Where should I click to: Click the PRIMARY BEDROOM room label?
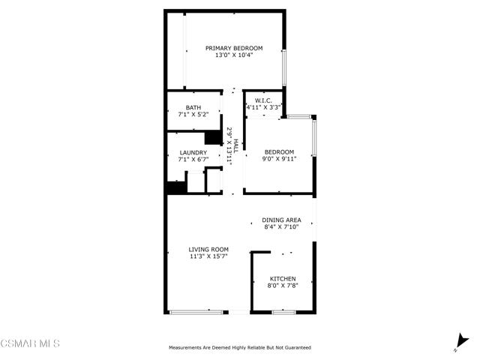pos(234,48)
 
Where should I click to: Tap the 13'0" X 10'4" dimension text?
pos(234,55)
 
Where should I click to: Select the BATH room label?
pos(193,107)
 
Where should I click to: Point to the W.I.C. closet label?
pos(263,100)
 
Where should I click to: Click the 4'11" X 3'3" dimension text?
pos(264,107)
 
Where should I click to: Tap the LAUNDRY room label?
pos(193,152)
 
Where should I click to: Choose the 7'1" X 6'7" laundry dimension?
pos(193,159)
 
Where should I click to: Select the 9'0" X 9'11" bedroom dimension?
pos(279,159)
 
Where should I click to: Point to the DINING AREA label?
pos(281,220)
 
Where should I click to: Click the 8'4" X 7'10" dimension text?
pos(281,226)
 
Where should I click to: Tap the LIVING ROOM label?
pos(208,250)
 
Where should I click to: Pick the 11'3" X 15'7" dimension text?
pos(208,256)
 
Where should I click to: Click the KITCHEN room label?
pos(283,279)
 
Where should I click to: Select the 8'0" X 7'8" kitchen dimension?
pos(283,286)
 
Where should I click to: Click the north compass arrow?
pos(461,342)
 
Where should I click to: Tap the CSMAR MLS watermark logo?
pos(30,343)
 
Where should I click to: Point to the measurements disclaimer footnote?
pos(240,348)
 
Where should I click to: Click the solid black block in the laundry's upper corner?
pos(213,137)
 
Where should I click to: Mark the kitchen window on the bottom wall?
pos(283,312)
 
